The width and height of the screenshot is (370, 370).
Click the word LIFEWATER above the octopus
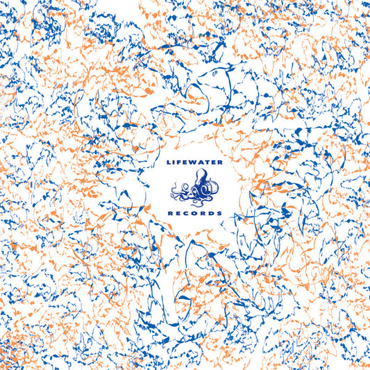point(196,163)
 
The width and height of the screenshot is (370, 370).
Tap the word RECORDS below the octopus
point(196,213)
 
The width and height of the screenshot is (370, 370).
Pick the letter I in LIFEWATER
point(176,163)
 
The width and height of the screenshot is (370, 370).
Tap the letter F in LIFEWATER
point(181,163)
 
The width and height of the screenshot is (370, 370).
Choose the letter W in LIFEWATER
point(196,163)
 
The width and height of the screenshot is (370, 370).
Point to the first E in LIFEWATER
point(187,163)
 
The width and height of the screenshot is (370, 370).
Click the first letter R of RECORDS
point(172,213)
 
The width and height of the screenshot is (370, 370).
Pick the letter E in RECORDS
point(180,213)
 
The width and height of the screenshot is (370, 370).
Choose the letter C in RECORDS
point(187,213)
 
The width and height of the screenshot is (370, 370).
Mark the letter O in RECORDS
point(196,213)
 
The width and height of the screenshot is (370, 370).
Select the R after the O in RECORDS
point(204,213)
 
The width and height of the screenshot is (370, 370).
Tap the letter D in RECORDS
point(212,213)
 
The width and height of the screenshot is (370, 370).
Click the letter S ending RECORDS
point(219,213)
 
